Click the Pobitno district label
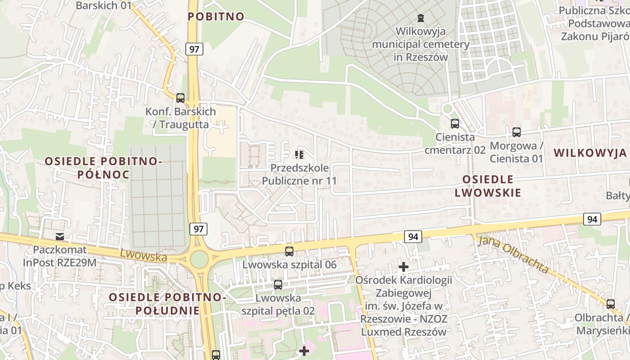(216, 17)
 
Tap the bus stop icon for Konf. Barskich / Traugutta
(180, 98)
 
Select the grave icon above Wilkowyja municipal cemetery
(420, 18)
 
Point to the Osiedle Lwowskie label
(488, 186)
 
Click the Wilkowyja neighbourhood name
(590, 153)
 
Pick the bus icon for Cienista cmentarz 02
(455, 124)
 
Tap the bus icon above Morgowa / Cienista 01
(516, 132)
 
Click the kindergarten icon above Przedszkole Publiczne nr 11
(299, 155)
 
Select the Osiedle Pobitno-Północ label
(103, 167)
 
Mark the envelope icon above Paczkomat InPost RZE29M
(59, 237)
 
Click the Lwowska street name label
(143, 256)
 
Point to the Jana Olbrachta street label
(513, 255)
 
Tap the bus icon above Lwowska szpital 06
(289, 252)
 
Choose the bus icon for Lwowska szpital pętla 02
(278, 284)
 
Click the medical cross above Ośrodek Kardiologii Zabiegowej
(404, 267)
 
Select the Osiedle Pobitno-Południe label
(167, 304)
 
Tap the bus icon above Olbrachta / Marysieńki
(610, 304)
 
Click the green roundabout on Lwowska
(199, 259)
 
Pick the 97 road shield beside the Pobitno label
(194, 49)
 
